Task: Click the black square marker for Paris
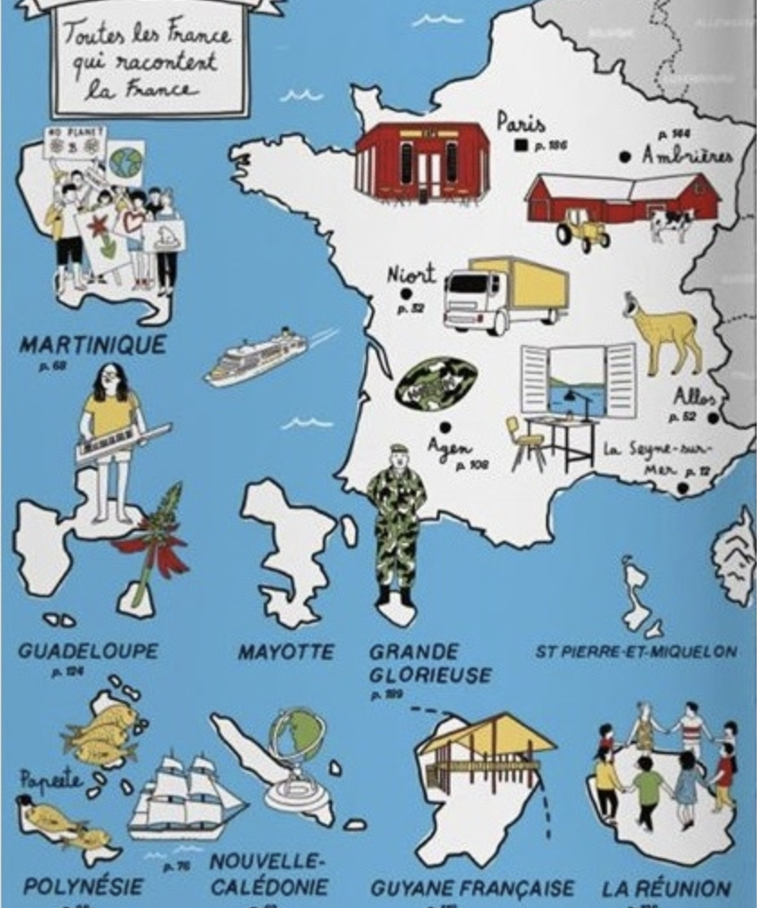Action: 520,144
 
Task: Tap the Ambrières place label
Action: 687,156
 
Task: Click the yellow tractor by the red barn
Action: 582,231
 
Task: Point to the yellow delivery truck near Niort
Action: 506,294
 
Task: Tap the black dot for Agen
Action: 444,428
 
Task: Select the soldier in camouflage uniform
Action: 396,522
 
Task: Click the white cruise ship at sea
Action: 256,356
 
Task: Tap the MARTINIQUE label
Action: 93,345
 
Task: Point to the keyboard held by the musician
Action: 122,442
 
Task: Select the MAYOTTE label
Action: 285,651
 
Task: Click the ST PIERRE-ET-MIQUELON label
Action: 636,651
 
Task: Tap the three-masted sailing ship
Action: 184,796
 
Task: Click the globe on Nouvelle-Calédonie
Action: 296,740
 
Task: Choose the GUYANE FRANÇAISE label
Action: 472,888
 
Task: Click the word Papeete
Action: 50,779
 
